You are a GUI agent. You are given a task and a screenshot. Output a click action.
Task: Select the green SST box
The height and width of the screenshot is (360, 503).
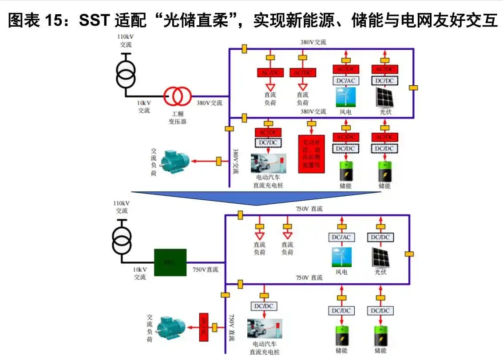(x=170, y=262)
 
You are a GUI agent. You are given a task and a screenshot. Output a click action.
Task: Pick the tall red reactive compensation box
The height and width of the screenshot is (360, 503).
(x=311, y=153)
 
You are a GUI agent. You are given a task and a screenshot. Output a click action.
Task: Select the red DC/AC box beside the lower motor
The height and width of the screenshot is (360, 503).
(x=204, y=327)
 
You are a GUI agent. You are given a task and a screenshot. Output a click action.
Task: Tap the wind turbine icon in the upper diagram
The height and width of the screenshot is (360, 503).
(x=344, y=97)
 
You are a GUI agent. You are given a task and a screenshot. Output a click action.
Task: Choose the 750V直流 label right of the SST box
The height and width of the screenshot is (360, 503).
(x=205, y=269)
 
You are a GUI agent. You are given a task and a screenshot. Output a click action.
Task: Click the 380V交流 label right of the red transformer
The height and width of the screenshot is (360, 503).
(x=210, y=103)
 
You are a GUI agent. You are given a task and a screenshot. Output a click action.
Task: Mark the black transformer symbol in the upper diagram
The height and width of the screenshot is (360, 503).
(x=127, y=74)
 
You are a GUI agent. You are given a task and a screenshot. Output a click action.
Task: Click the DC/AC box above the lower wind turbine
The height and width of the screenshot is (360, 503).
(x=341, y=237)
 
